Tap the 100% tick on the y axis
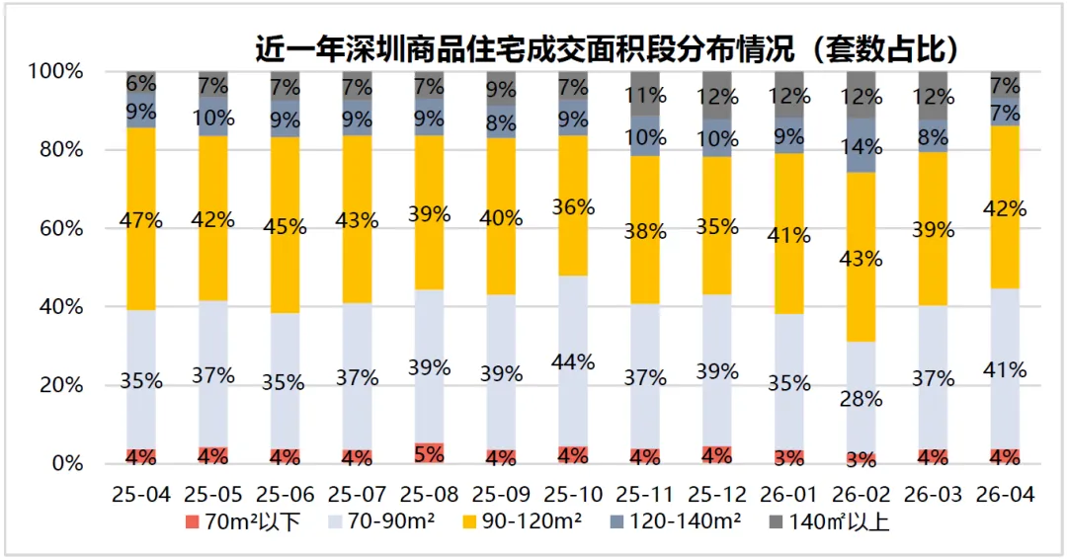pyautogui.click(x=55, y=71)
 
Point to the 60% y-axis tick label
pyautogui.click(x=60, y=228)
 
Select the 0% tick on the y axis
pyautogui.click(x=66, y=464)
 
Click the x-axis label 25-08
pyautogui.click(x=429, y=495)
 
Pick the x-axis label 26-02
pyautogui.click(x=861, y=495)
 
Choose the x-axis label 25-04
pyautogui.click(x=141, y=495)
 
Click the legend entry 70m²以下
pyautogui.click(x=243, y=522)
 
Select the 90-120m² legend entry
pyautogui.click(x=522, y=522)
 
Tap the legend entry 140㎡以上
pyautogui.click(x=829, y=522)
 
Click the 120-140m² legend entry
pyautogui.click(x=675, y=522)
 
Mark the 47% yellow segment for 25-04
pyautogui.click(x=141, y=219)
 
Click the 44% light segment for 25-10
pyautogui.click(x=573, y=361)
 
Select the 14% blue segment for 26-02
pyautogui.click(x=861, y=145)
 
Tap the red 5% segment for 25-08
pyautogui.click(x=429, y=453)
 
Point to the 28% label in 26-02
pyautogui.click(x=861, y=399)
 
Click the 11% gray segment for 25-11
pyautogui.click(x=645, y=93)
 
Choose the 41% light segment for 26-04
pyautogui.click(x=1005, y=369)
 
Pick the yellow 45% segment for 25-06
pyautogui.click(x=286, y=225)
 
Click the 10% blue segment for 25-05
pyautogui.click(x=213, y=117)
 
